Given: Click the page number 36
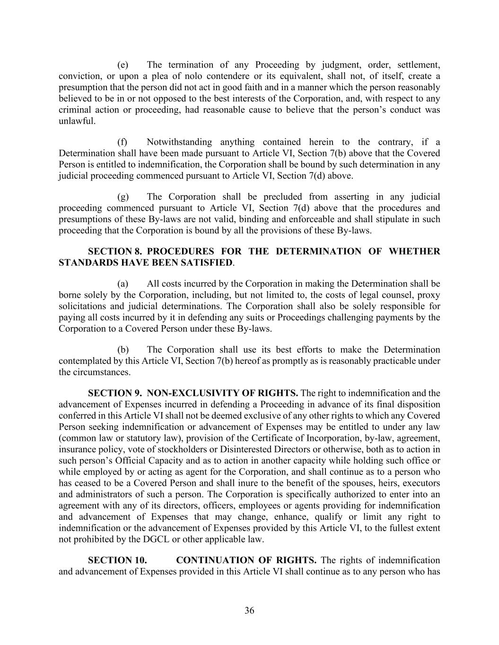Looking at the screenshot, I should coord(249,611).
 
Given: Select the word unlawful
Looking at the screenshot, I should coord(76,121).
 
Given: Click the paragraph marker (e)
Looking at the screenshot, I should coord(123,65).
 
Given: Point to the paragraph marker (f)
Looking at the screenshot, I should coord(123,142).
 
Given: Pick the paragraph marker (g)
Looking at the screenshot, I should coord(123,197).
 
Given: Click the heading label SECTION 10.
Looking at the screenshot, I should coord(117,560).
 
